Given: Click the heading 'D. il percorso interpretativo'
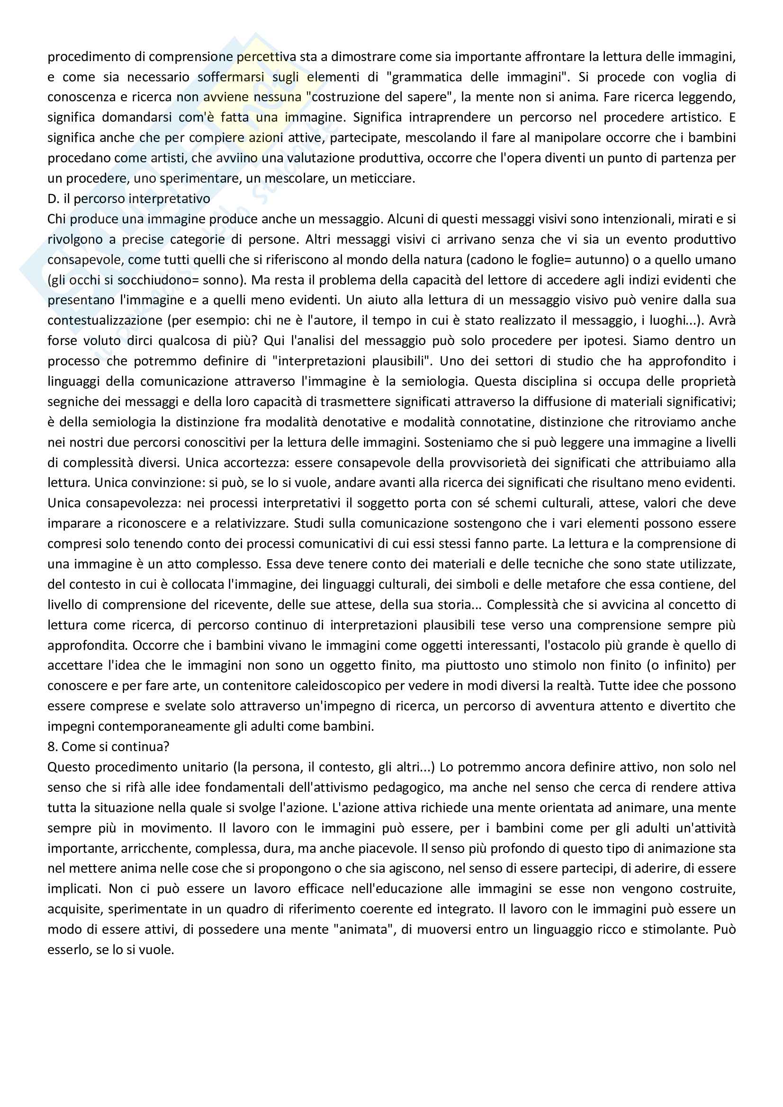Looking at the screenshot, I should click(128, 199).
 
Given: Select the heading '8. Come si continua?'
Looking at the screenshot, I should click(108, 746).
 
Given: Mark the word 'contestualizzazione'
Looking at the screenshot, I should click(105, 320).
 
